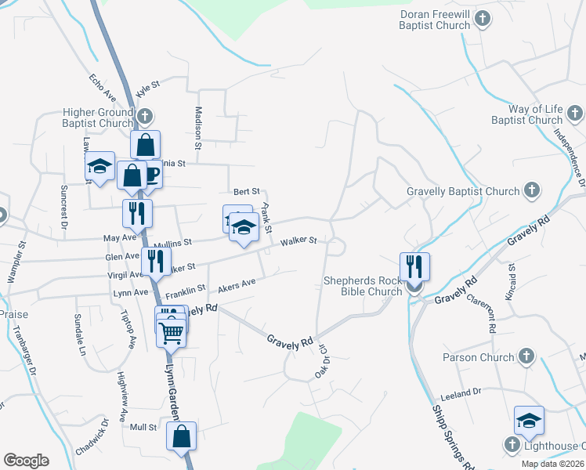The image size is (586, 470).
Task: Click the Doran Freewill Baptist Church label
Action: click(435, 20)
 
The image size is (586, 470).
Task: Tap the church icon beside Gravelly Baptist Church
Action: click(531, 190)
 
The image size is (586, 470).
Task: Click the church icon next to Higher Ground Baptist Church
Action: click(145, 117)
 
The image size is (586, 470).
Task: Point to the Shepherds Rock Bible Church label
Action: click(363, 286)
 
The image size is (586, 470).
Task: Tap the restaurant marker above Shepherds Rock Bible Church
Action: click(414, 266)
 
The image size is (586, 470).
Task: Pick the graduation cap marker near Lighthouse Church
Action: click(530, 420)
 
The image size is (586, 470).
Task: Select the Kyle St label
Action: click(147, 88)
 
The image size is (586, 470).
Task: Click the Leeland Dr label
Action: click(461, 392)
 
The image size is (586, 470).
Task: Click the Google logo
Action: click(26, 461)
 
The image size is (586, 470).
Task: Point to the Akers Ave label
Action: click(237, 285)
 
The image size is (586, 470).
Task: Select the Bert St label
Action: click(246, 191)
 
